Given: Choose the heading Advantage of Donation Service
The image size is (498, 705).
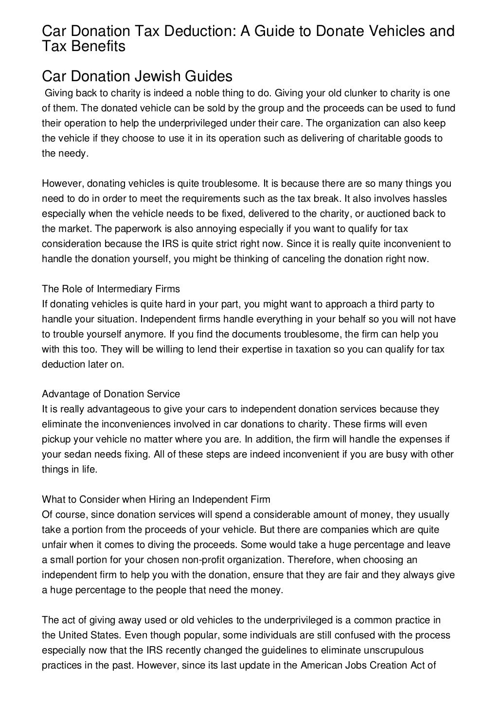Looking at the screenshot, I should (111, 394).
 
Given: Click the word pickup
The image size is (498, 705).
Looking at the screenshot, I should (56, 440).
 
